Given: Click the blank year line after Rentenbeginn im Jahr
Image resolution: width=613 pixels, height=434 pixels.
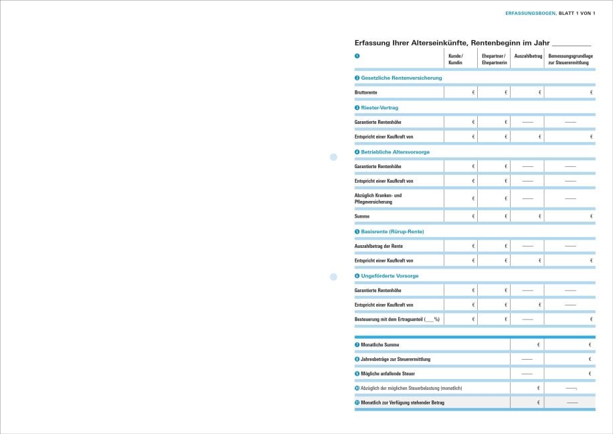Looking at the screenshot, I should (572, 42).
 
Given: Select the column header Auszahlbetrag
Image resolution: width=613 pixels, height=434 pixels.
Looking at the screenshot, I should (527, 56).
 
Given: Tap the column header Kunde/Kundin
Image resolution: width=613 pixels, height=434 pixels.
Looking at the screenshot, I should (455, 59).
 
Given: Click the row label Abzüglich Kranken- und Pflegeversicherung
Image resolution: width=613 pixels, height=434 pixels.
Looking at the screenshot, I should (378, 198).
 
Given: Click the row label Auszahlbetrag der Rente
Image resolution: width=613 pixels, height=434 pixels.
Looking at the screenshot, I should (379, 246).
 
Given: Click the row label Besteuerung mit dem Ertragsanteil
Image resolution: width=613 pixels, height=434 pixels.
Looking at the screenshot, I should (398, 319).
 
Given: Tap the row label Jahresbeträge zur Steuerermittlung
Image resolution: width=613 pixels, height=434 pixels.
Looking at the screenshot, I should (396, 359).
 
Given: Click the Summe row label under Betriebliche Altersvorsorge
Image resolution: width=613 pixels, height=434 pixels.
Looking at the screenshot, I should (362, 216).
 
